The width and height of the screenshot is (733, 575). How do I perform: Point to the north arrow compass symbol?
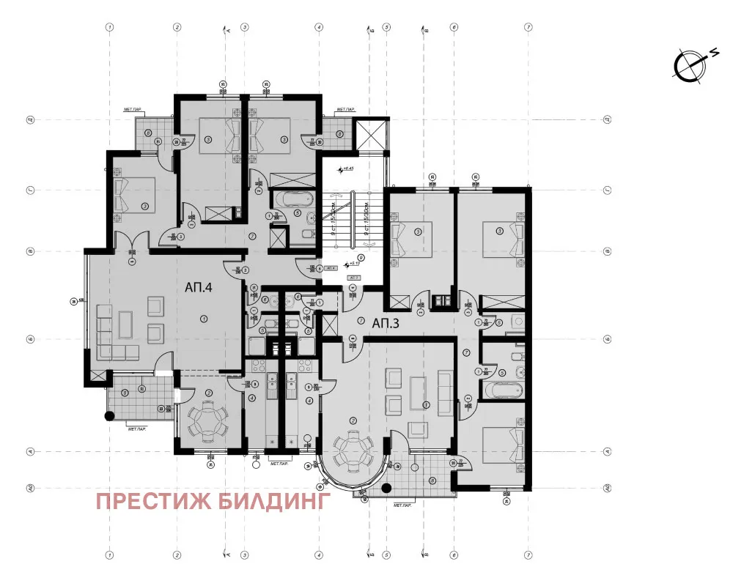pyautogui.click(x=690, y=65)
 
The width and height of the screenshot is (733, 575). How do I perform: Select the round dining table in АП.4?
pyautogui.click(x=207, y=421)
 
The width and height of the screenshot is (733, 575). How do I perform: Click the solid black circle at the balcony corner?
pyautogui.click(x=109, y=416)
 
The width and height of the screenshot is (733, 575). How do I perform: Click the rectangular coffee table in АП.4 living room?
pyautogui.click(x=125, y=323)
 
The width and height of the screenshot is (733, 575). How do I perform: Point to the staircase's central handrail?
pyautogui.click(x=353, y=220)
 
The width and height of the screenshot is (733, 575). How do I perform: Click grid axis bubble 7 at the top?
pyautogui.click(x=528, y=27)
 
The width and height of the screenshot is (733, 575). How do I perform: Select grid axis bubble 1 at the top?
pyautogui.click(x=109, y=27)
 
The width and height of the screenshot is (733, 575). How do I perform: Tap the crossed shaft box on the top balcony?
pyautogui.click(x=370, y=133)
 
